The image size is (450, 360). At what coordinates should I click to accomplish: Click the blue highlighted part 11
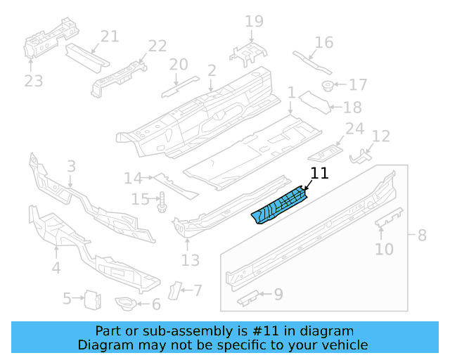tap(280, 205)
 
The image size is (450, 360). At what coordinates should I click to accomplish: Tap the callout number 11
tap(319, 173)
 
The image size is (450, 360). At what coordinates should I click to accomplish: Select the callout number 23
tap(33, 82)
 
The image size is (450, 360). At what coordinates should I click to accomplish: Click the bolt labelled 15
tap(162, 201)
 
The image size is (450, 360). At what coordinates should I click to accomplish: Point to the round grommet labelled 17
tap(327, 86)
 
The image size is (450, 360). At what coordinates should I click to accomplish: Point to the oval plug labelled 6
tap(124, 304)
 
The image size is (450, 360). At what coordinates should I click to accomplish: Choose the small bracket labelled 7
tap(176, 290)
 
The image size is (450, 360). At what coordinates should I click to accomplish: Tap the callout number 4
tap(56, 268)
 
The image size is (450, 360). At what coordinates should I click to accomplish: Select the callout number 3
tap(71, 167)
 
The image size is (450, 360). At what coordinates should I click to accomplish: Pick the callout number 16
tap(323, 42)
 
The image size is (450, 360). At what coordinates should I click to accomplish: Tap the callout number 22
tap(157, 46)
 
